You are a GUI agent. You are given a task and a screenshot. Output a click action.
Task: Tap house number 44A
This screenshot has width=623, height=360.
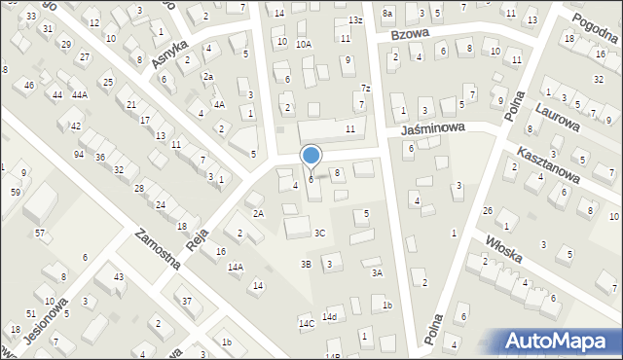(79, 94)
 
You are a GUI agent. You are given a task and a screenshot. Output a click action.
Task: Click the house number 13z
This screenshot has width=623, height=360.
(355, 19)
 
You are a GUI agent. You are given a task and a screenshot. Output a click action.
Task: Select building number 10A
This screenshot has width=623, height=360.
(304, 43)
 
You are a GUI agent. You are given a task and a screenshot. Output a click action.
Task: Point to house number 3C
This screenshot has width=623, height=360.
(319, 233)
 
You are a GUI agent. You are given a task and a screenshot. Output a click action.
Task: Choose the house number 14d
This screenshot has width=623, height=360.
(330, 317)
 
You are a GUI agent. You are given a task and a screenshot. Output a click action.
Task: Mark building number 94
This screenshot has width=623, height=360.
(78, 155)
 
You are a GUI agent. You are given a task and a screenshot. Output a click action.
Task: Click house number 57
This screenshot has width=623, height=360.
(40, 233)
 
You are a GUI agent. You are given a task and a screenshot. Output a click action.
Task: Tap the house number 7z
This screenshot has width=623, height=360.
(365, 89)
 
